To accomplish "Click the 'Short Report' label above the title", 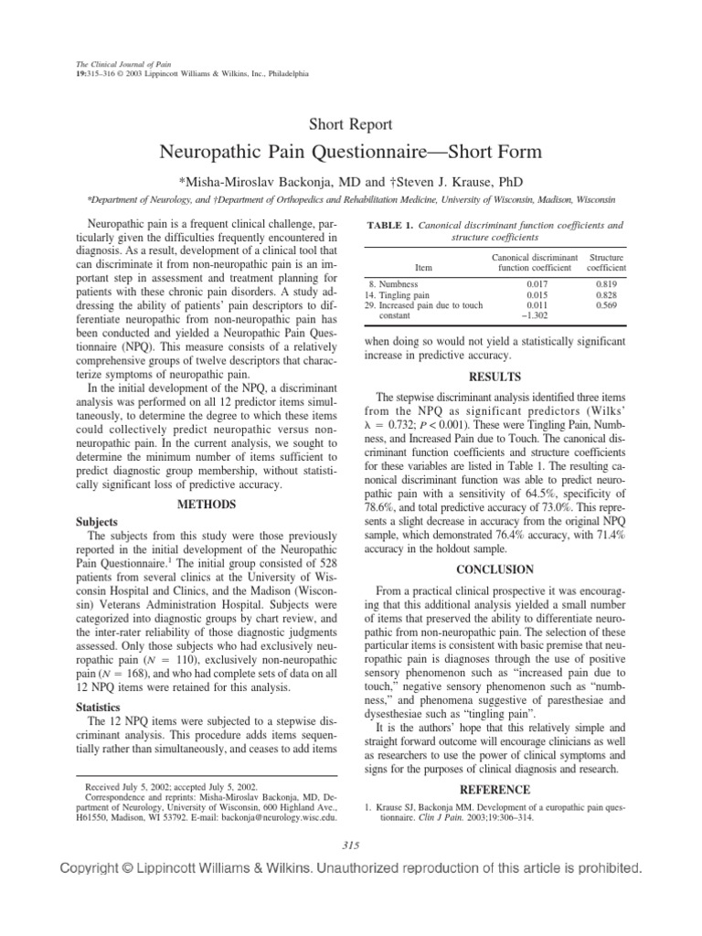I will (x=351, y=124).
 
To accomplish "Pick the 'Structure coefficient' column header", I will (x=606, y=263).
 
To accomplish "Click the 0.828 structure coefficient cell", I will (x=606, y=295).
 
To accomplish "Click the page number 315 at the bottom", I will (x=351, y=842).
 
